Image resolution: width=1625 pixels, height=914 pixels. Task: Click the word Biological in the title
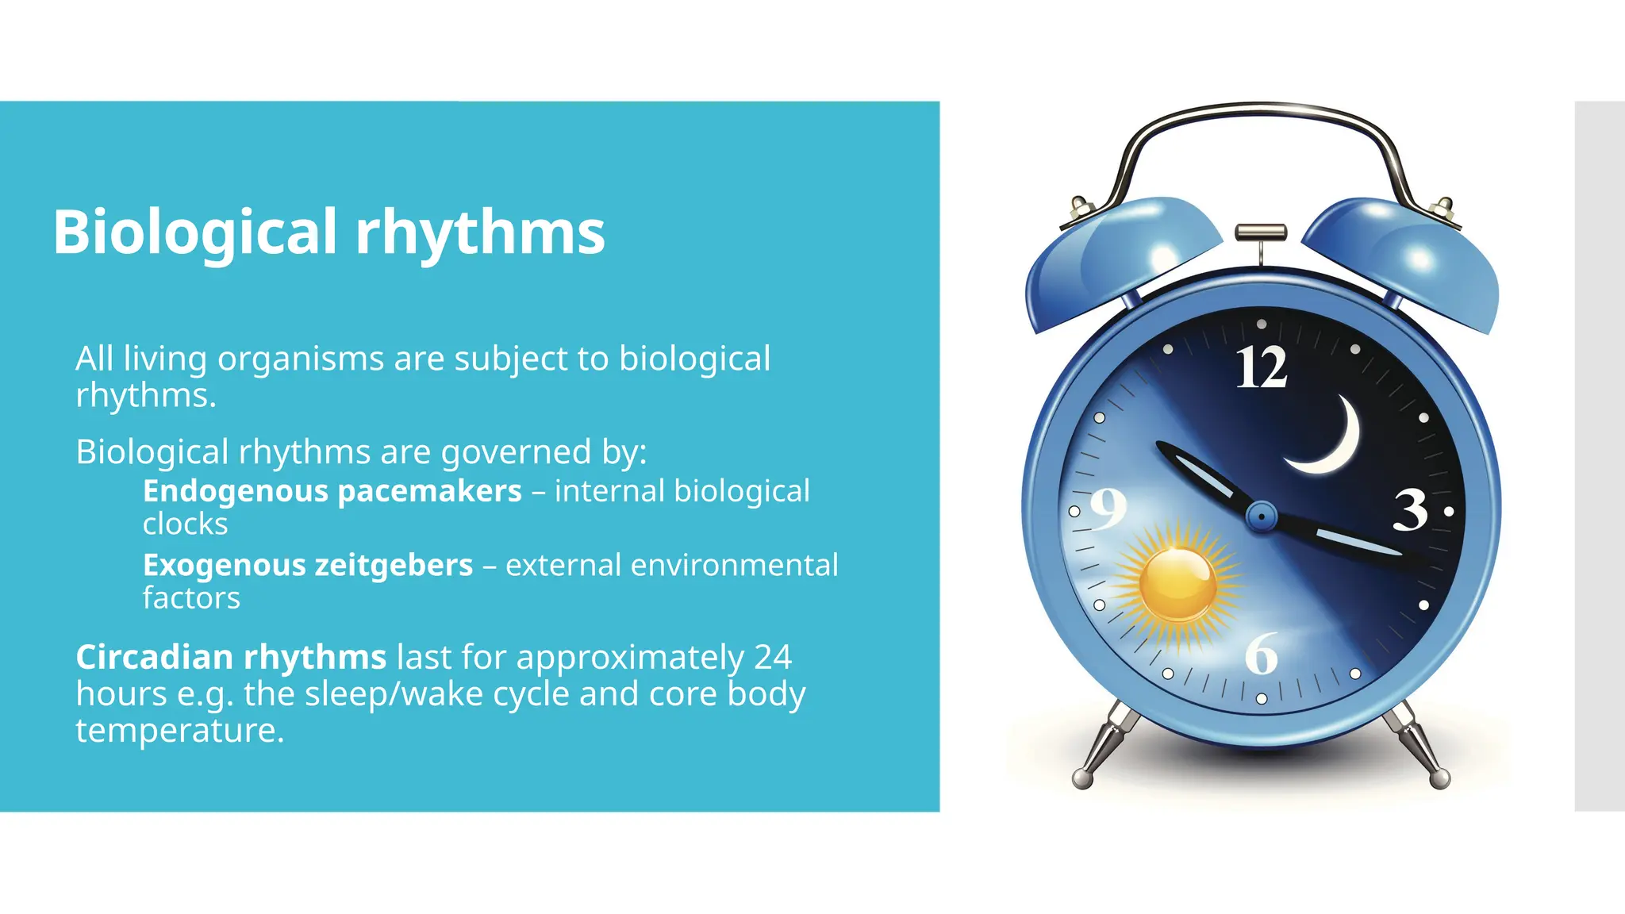click(x=195, y=232)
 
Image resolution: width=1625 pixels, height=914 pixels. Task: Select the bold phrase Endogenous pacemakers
click(x=332, y=491)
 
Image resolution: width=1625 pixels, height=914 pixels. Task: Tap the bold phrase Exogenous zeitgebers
click(x=308, y=566)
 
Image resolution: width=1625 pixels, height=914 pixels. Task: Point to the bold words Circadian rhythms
click(x=231, y=658)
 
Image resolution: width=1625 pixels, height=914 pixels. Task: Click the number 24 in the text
click(x=772, y=658)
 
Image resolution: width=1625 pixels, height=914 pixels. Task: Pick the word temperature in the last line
click(x=179, y=731)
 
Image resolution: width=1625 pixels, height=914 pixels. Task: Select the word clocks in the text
click(x=185, y=524)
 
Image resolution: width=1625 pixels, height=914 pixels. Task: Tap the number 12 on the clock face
click(x=1261, y=367)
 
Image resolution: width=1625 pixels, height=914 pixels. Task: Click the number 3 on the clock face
click(x=1410, y=510)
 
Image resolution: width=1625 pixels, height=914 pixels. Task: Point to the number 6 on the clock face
click(x=1261, y=655)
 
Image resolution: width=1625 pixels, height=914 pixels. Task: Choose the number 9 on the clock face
click(x=1108, y=509)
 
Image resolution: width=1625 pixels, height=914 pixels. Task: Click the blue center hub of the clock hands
click(x=1261, y=517)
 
